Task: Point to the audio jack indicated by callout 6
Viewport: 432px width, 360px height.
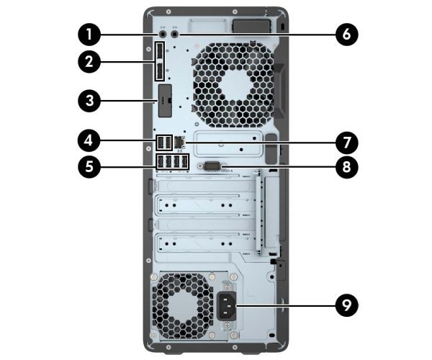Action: tap(176, 32)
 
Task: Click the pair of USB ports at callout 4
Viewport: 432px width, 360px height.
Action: tap(163, 140)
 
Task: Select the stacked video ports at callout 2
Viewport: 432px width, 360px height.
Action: tap(159, 62)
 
